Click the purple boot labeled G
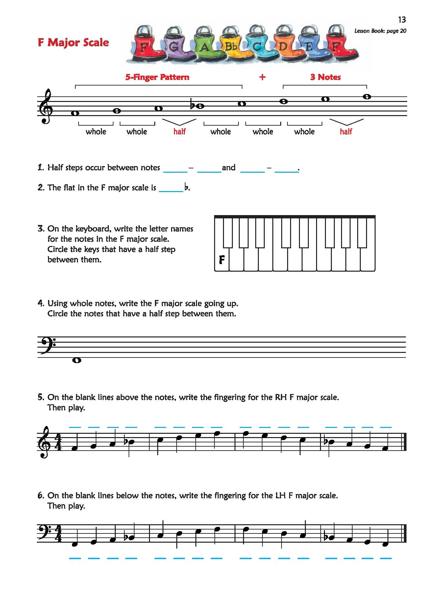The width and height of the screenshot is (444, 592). tap(174, 46)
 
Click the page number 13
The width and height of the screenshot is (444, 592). tap(402, 20)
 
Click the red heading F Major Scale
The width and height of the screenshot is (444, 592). tap(73, 42)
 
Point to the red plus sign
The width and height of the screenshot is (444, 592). tap(262, 77)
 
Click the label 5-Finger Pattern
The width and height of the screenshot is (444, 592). tap(157, 77)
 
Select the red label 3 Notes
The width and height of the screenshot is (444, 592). tap(325, 77)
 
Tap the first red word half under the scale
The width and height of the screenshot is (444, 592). tap(180, 132)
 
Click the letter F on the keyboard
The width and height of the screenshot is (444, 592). tap(222, 260)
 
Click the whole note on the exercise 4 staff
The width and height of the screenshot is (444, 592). tap(77, 360)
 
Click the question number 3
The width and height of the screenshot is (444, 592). tap(41, 229)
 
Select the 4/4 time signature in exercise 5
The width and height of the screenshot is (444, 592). tap(58, 442)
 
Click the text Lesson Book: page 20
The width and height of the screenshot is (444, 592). tap(380, 31)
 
